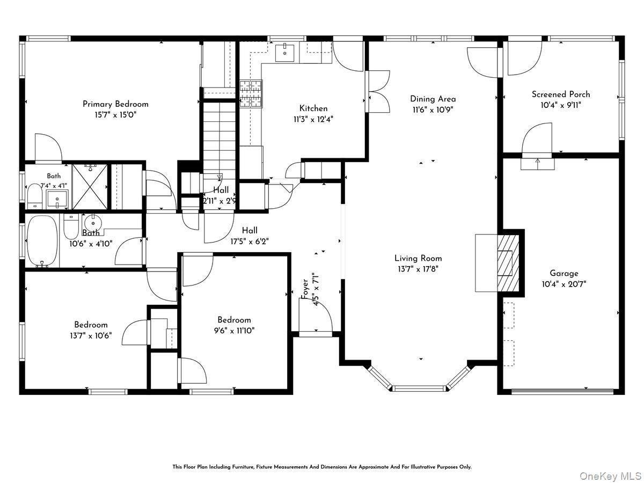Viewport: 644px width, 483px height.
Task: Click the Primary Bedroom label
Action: (x=115, y=104)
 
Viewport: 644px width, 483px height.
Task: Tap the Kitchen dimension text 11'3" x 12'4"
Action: (x=313, y=119)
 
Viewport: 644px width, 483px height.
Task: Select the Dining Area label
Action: (x=433, y=99)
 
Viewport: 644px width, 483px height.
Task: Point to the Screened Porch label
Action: (x=561, y=94)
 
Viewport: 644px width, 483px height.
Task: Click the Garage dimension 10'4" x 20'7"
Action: (x=564, y=284)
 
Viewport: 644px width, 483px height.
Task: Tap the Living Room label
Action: (x=418, y=258)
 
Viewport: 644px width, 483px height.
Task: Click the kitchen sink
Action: (x=284, y=52)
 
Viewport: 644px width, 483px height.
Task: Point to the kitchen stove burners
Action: (x=251, y=93)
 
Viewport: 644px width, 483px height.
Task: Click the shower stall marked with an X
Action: (x=90, y=187)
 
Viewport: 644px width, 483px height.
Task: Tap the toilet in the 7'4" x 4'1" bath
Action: (x=35, y=195)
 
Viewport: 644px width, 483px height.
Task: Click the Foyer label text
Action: (x=305, y=289)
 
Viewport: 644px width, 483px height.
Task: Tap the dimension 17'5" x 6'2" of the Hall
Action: (x=250, y=241)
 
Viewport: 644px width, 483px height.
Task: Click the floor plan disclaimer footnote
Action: (x=322, y=466)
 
